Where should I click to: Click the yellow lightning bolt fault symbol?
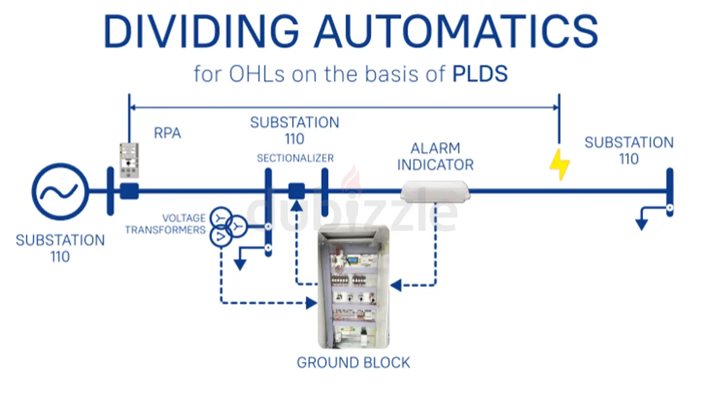tap(560, 164)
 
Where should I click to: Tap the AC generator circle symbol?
tap(60, 191)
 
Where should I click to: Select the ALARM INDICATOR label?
tap(435, 156)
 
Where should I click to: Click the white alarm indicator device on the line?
tap(435, 192)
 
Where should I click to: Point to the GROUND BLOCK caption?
tap(353, 363)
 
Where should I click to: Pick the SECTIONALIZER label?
tap(295, 158)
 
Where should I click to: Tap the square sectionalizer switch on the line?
tap(296, 191)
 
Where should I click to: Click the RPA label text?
tap(167, 134)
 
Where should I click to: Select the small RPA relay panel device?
tap(129, 160)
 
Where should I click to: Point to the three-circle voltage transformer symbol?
tap(226, 226)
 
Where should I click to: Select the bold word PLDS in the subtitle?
tap(480, 74)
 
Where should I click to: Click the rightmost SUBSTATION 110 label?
tap(629, 150)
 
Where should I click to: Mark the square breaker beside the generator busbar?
tap(129, 191)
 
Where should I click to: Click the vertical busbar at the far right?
tap(669, 192)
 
